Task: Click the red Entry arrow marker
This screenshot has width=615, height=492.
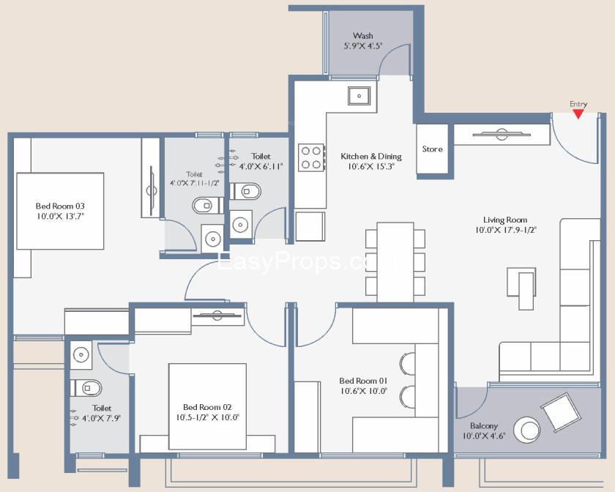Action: (x=578, y=114)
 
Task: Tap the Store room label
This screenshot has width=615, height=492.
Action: (x=432, y=149)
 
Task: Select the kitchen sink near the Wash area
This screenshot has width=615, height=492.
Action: (x=359, y=96)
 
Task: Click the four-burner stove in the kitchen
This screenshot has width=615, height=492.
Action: (x=311, y=157)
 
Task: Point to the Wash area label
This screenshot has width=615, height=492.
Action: (x=363, y=36)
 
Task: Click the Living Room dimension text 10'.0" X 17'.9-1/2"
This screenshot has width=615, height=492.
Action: (x=506, y=230)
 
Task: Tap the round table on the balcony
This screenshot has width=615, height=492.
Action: (x=526, y=430)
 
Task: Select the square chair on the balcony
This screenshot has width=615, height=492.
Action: (x=561, y=412)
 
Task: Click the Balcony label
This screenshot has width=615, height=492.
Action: (x=484, y=425)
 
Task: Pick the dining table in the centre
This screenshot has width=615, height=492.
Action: (x=395, y=262)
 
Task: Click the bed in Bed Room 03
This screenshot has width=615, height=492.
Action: (x=60, y=211)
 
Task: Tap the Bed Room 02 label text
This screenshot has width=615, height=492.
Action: (x=207, y=407)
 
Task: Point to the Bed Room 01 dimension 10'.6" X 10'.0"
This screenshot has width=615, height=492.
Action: (x=364, y=391)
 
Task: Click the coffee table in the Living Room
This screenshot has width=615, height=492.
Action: (x=521, y=288)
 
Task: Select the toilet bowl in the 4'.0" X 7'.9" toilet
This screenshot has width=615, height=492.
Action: (x=86, y=388)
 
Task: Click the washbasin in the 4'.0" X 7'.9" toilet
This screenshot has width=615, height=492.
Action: (x=81, y=355)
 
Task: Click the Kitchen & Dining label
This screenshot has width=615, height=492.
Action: (x=371, y=156)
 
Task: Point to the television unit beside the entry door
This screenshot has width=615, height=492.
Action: (x=502, y=135)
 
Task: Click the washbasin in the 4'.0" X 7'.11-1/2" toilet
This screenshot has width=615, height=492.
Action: (x=212, y=239)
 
